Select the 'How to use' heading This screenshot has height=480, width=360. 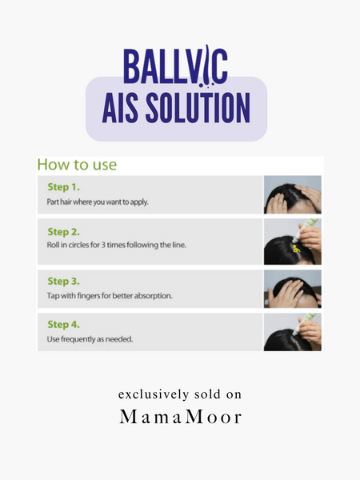[78, 166]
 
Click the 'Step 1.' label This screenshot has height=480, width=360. [64, 188]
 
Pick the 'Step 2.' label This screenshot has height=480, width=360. [64, 231]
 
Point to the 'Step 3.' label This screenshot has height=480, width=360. [64, 282]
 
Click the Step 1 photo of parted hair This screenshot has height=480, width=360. [293, 194]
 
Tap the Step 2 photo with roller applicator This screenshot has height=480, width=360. [293, 242]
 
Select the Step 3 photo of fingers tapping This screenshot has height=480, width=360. [293, 289]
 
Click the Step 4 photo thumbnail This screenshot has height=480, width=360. [293, 332]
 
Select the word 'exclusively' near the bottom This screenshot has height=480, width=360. [149, 395]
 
